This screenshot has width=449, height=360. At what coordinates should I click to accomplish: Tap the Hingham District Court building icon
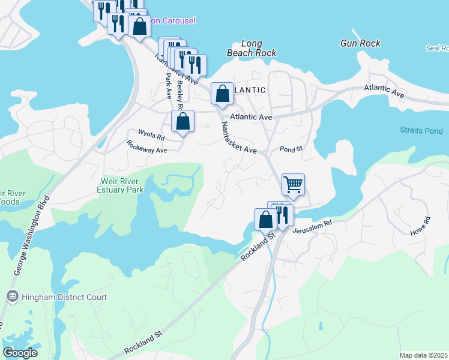coord(12,296)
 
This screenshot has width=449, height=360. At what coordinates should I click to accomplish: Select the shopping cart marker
coord(293,184)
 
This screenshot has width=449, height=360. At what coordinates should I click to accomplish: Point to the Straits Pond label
coord(421,130)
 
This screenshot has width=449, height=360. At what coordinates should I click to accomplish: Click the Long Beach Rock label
coord(252,48)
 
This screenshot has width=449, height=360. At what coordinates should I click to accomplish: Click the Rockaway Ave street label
coord(146,147)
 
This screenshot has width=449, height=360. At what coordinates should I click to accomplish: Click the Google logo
coord(20,353)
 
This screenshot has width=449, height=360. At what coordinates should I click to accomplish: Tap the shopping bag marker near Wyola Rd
coord(182,121)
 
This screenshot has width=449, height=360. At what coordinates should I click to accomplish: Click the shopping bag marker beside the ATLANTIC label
coord(222,94)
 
